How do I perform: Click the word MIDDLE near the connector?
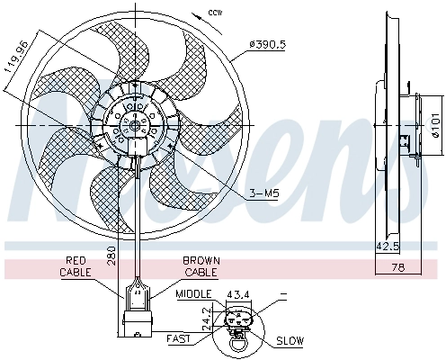pyautogui.click(x=194, y=294)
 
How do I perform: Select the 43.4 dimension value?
pyautogui.click(x=238, y=294)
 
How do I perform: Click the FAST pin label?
pyautogui.click(x=178, y=338)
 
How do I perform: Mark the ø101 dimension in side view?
pyautogui.click(x=434, y=131)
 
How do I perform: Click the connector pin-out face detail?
pyautogui.click(x=242, y=323)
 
